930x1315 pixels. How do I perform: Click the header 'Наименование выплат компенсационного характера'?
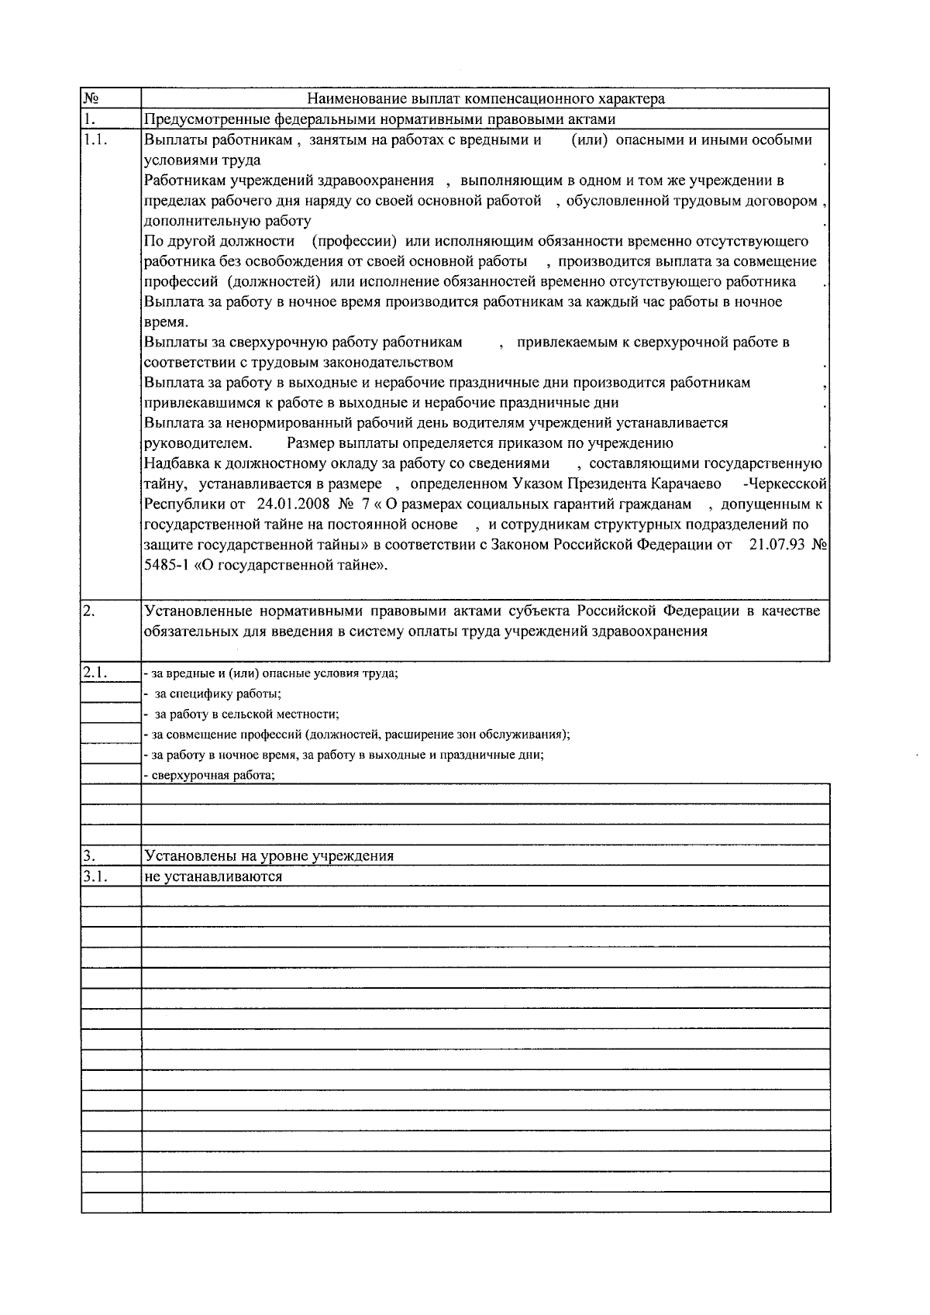(x=485, y=99)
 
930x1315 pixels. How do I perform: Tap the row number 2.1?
(x=95, y=673)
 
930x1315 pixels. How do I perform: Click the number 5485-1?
(x=167, y=565)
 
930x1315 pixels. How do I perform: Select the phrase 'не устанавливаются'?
(x=213, y=876)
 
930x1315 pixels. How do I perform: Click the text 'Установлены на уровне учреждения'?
(x=269, y=856)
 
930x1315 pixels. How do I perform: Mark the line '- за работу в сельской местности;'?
(x=242, y=714)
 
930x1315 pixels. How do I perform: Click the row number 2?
(x=89, y=611)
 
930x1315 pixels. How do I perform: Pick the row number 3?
(x=89, y=856)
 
